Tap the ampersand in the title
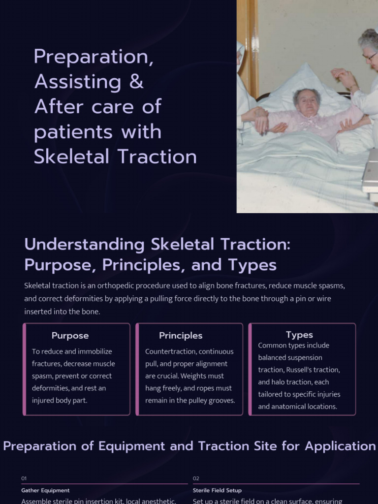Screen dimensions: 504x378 coord(136,82)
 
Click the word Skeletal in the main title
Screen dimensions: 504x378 coord(72,157)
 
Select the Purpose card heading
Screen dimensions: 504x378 coord(70,336)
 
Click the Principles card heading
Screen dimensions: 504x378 coord(181,336)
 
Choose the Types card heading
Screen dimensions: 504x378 coord(299,335)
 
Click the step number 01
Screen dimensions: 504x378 coord(24,478)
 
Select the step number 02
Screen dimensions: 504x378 coord(196,478)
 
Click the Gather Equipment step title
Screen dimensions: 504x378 coord(45,490)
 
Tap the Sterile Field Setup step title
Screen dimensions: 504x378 coord(217,490)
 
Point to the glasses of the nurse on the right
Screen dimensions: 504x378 coord(370,56)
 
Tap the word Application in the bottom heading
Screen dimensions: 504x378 coord(340,446)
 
